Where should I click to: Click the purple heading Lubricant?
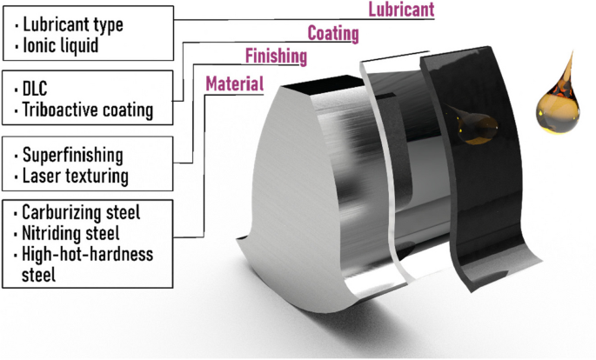400,10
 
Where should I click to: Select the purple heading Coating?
333,34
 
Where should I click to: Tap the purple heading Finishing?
276,57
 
